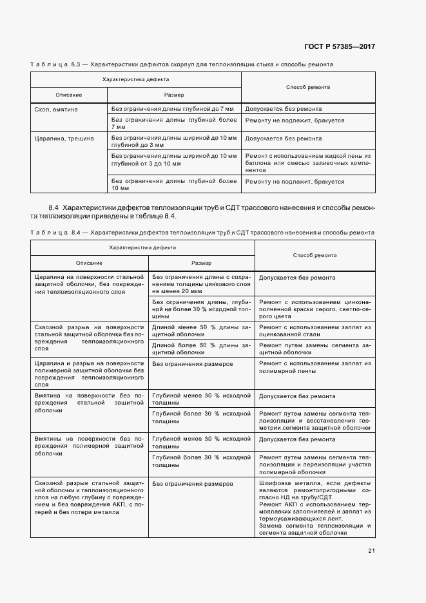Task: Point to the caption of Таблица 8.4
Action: tap(200, 231)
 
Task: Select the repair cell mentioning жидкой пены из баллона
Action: tap(308, 164)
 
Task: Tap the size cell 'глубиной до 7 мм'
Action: tap(173, 110)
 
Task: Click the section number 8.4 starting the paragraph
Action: tap(53, 207)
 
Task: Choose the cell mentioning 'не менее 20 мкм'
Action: tap(201, 282)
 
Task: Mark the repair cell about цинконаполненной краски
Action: tap(315, 309)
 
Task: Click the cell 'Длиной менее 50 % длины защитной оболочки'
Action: tap(201, 331)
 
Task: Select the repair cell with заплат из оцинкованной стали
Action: tap(315, 331)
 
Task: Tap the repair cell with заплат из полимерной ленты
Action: tap(315, 368)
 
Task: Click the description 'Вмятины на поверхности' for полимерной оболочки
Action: tap(88, 445)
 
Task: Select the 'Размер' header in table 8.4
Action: tap(201, 263)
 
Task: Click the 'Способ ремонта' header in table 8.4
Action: tap(315, 255)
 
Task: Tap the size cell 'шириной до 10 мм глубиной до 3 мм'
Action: tap(173, 142)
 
